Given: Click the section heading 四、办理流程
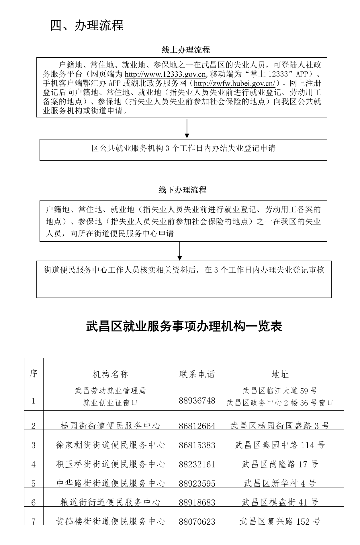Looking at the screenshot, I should (87, 25).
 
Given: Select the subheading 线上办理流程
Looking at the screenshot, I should (186, 50).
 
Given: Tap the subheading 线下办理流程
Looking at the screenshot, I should (183, 190).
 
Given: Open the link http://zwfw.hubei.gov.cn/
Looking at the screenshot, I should (234, 84).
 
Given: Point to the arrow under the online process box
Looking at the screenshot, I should (187, 128).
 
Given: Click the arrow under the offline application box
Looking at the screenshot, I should (180, 251).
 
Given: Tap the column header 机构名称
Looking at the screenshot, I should (110, 374).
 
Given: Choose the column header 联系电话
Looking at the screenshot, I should (197, 374).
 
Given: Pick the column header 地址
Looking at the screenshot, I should (280, 374).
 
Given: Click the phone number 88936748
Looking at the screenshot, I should (197, 401).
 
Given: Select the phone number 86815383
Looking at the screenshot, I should (197, 445).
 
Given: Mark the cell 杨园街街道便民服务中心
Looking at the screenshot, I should (110, 426).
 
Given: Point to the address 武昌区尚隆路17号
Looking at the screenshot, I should (280, 464).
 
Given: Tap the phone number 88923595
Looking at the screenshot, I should (197, 484).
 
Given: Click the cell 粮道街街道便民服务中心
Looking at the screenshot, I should (110, 502).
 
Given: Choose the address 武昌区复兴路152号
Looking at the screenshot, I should (280, 522).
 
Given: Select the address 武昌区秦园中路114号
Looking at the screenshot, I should (280, 445).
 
